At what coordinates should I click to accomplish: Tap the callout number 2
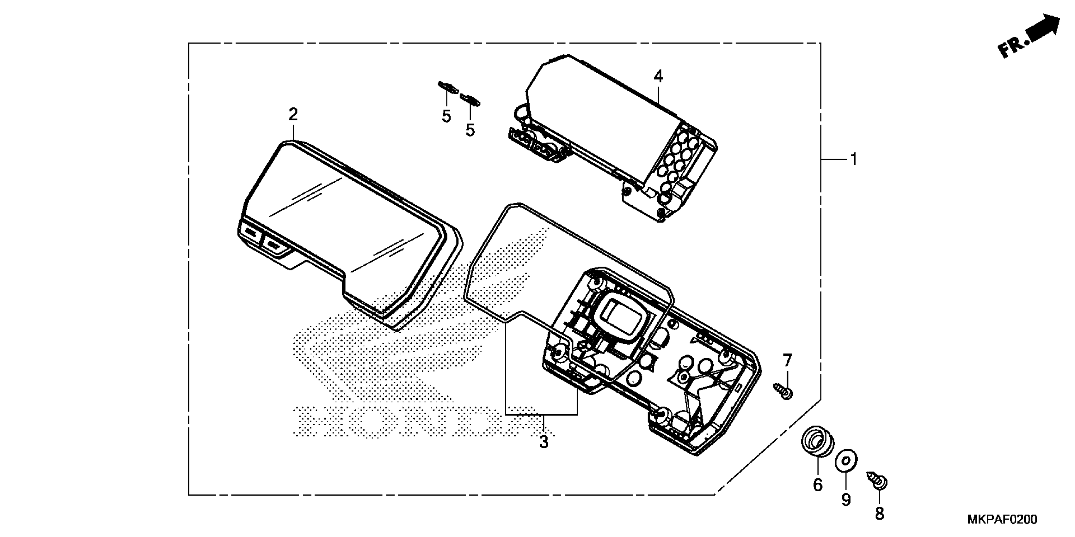[293, 114]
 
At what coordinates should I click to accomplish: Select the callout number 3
[543, 442]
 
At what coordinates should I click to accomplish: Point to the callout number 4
[658, 76]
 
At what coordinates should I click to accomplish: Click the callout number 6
[818, 485]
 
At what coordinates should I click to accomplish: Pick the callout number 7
[787, 360]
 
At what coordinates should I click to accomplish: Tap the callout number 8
[879, 513]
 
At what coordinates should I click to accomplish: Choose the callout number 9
[846, 499]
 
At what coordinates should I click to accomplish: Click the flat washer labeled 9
[846, 461]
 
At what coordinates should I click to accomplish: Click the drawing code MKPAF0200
[1002, 520]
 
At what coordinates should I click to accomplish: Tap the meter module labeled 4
[605, 125]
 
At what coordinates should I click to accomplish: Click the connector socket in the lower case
[622, 317]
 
